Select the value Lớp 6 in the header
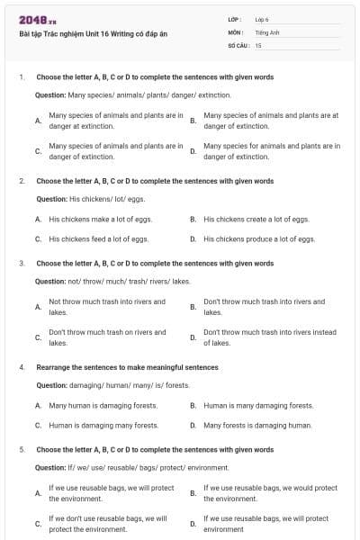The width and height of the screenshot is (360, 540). point(262,19)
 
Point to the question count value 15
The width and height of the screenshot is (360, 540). point(258,44)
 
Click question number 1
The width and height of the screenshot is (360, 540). point(22,77)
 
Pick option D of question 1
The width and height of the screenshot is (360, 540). point(271,150)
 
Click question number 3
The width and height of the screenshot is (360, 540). point(22,264)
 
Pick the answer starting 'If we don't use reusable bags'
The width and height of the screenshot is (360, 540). point(107,524)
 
